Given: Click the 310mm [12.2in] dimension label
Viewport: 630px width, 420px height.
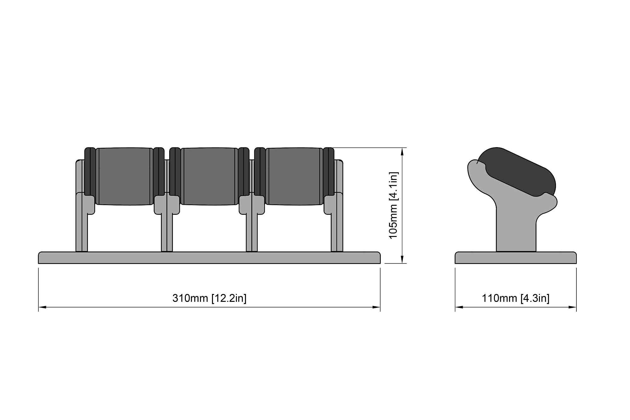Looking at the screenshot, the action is pos(209,298).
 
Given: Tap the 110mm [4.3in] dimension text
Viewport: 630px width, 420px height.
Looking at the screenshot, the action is pos(516,298).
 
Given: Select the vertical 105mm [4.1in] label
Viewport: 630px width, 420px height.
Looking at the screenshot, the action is pos(393,205).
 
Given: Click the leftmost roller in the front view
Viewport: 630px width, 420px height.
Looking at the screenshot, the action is pos(124,176).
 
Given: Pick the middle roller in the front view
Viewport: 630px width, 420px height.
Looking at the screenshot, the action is pos(209,176).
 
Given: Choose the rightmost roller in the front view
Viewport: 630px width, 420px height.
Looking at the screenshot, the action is pos(294,176).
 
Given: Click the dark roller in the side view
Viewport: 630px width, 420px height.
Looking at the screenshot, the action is pos(517,172).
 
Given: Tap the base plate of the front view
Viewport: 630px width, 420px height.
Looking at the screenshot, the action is pos(209,257).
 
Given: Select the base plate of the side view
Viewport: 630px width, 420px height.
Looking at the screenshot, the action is pos(516,257).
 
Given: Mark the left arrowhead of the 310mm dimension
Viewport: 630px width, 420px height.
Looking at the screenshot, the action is pos(42,307).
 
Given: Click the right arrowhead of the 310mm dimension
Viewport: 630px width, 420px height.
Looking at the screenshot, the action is pos(376,307).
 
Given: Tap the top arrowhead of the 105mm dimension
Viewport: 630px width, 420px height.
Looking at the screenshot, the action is pos(402,152).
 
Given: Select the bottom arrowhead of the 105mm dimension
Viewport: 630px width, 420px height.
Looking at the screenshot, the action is pos(402,259).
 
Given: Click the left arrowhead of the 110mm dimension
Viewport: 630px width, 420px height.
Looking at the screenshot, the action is pos(459,307).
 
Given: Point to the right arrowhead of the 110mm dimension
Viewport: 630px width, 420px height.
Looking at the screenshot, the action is pos(572,307).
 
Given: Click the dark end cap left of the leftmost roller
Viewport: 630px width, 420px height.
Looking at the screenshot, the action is pos(90,171).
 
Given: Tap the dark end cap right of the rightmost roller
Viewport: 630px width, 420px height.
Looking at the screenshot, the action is pos(329,171).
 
